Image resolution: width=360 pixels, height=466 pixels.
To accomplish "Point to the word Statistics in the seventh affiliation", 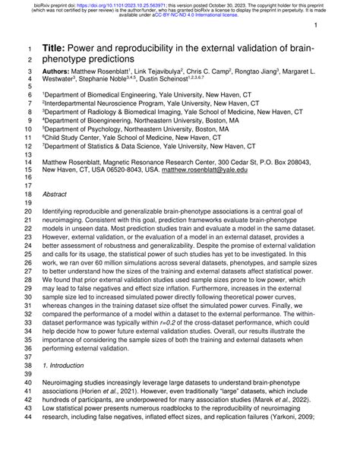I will pos(103,146).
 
